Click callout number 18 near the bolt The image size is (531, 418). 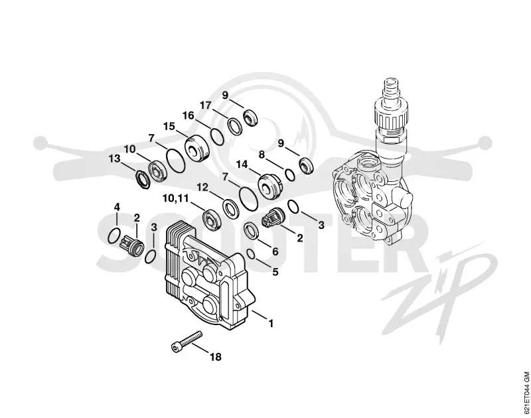click(215, 357)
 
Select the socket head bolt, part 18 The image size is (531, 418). click(186, 342)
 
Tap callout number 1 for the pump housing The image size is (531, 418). click(271, 324)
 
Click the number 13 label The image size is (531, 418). click(114, 159)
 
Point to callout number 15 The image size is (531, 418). click(169, 126)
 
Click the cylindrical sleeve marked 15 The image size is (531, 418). click(196, 147)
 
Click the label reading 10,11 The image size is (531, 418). click(175, 198)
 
